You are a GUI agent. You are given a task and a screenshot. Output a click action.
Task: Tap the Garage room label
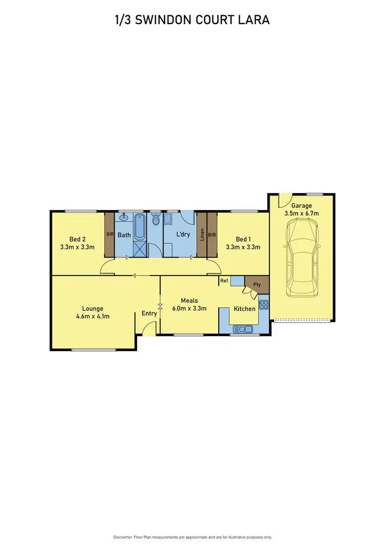pos(302,206)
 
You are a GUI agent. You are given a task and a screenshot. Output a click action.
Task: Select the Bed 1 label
pos(243,239)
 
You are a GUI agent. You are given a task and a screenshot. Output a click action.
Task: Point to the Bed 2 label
pos(77,239)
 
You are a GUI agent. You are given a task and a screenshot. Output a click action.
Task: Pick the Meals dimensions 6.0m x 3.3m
pos(189,308)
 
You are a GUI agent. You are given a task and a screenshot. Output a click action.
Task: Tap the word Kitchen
pos(245,309)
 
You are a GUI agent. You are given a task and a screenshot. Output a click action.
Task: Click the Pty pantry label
pos(257,285)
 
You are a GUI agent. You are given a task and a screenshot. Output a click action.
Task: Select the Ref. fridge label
pos(224,281)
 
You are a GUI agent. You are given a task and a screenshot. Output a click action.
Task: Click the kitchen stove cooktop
pos(264,305)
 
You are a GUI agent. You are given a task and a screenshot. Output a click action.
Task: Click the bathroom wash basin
pos(124,218)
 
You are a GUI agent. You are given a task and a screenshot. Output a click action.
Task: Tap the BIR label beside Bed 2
pos(110,235)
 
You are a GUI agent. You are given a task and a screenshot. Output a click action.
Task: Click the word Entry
pos(149,314)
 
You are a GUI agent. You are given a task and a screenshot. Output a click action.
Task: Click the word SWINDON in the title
pos(164,20)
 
